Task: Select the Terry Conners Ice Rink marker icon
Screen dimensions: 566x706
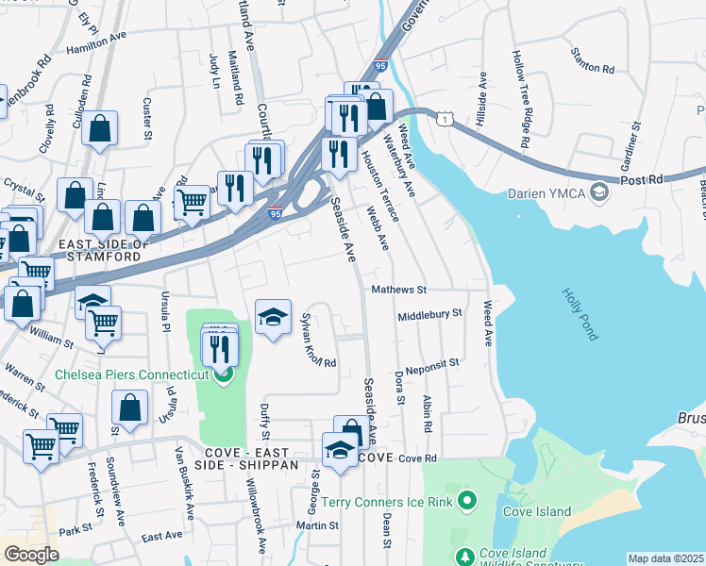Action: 463,499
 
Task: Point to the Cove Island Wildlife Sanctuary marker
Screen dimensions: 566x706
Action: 462,558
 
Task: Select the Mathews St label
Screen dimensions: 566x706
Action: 399,291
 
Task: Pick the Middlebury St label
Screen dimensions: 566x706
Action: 429,314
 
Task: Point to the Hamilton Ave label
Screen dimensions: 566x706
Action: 95,39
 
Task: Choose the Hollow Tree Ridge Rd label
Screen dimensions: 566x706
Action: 522,99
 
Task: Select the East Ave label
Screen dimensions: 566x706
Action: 161,536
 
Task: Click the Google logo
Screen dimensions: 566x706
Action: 31,555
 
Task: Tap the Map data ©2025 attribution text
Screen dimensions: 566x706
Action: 665,558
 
